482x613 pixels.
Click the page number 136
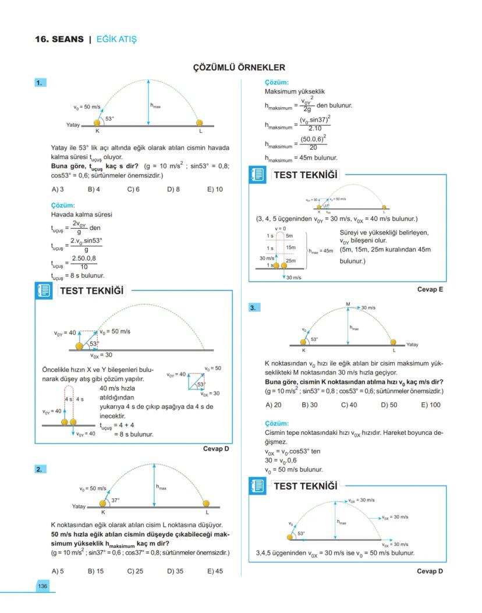click(x=42, y=586)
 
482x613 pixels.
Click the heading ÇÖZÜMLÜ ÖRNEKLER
click(x=239, y=68)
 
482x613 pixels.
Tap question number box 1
click(x=41, y=83)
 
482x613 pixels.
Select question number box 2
click(x=41, y=469)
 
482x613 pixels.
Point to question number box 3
click(x=254, y=308)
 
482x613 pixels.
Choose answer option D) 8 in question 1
click(x=173, y=189)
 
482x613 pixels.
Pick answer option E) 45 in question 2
click(x=215, y=571)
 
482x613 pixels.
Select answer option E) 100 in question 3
click(x=431, y=405)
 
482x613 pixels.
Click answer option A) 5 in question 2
click(x=58, y=571)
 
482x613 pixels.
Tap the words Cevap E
click(x=430, y=289)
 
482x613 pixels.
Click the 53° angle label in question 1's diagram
click(x=109, y=119)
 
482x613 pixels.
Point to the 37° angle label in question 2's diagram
click(x=115, y=500)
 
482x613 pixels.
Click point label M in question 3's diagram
click(x=348, y=304)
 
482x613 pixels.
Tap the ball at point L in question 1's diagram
click(x=200, y=123)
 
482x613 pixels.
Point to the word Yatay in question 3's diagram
click(x=412, y=344)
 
